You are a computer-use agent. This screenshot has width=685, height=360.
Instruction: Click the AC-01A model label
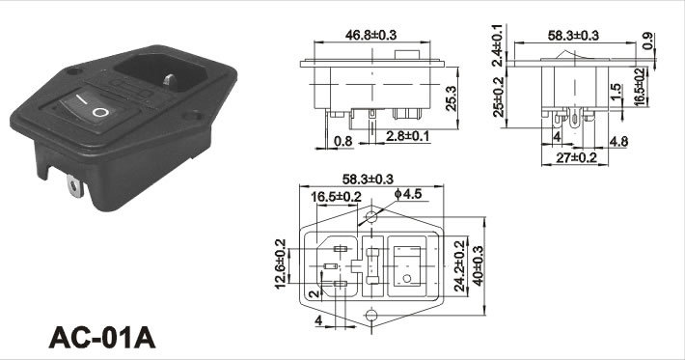click(x=102, y=337)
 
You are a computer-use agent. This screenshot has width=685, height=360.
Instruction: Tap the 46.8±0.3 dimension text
click(x=370, y=35)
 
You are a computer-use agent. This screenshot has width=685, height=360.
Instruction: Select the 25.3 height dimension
click(x=451, y=97)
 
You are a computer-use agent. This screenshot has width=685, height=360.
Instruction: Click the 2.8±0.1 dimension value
click(x=407, y=136)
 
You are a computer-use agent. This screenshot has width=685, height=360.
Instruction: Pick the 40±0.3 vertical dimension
click(x=478, y=265)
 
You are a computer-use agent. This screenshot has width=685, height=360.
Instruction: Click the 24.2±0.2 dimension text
click(x=459, y=265)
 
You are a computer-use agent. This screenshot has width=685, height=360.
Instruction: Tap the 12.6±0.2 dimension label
click(x=280, y=263)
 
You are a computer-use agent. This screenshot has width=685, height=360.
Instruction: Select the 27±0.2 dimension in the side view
click(x=576, y=157)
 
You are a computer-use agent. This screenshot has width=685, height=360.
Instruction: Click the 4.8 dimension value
click(x=618, y=141)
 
